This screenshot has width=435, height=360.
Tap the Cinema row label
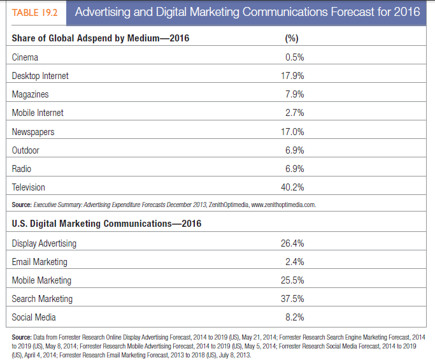pos(25,57)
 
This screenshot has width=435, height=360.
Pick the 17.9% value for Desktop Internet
pos(292,76)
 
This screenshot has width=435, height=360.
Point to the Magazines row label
pos(30,94)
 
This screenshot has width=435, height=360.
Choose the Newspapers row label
pos(33,132)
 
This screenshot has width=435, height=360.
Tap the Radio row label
pos(22,169)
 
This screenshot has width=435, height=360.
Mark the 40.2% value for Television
pos(292,187)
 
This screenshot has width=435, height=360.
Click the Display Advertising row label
pos(44,243)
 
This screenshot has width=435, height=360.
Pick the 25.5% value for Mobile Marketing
pos(292,280)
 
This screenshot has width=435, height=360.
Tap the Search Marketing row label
pos(42,299)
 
